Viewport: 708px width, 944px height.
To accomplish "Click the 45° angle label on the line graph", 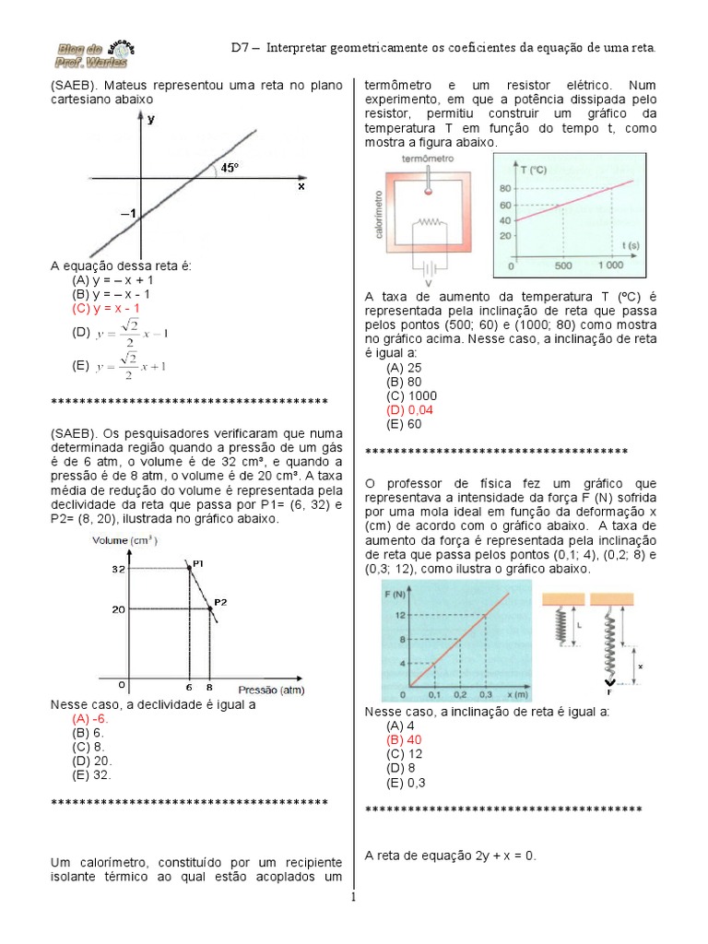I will point(228,168).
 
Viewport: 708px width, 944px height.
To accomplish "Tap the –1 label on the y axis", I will point(127,215).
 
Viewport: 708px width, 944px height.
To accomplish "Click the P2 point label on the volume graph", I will point(220,603).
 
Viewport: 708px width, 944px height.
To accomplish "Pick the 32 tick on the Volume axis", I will point(118,571).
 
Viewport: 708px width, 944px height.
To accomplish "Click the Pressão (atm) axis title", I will point(271,689).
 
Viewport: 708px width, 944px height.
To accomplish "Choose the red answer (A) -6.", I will point(90,717).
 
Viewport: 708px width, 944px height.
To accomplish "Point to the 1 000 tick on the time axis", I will point(610,265).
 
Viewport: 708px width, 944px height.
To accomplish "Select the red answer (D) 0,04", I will point(410,408).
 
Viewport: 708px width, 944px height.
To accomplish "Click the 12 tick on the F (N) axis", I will point(400,615).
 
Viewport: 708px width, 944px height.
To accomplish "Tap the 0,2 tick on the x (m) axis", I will point(460,693).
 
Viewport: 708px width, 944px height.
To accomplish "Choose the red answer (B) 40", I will point(405,739).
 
